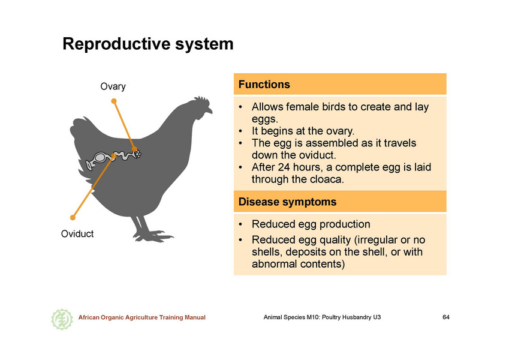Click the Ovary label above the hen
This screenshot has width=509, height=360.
point(113,87)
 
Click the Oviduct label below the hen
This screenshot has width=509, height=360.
point(77,233)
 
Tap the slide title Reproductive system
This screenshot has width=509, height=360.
point(147,44)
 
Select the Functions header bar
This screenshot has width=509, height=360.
point(340,84)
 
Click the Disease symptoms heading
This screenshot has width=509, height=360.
point(287,202)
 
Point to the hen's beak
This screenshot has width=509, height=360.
point(210,110)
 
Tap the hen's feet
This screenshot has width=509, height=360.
point(152,236)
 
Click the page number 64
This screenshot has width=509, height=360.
point(446,317)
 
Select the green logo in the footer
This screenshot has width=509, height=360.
point(62,319)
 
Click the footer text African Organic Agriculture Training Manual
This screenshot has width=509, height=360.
point(142,317)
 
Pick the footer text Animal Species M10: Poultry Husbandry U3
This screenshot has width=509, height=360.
point(322,317)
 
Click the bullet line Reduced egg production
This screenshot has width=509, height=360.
point(311,224)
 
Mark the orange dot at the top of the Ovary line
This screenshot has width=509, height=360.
point(114,101)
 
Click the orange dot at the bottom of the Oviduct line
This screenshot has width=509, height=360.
point(73,217)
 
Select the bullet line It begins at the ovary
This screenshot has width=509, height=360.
point(303,131)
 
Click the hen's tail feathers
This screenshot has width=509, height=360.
point(80,130)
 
